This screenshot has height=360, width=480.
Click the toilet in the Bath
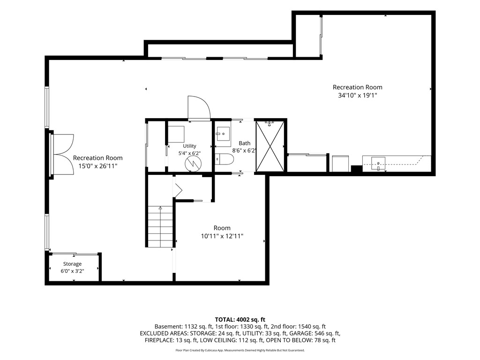[x=225, y=159]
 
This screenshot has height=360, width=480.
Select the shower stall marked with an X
[x=270, y=146]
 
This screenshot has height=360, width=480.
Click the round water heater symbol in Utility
[x=193, y=164]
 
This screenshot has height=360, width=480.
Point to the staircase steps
[x=160, y=226]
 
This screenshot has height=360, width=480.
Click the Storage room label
[x=72, y=264]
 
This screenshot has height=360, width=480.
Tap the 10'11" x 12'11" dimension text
[x=222, y=236]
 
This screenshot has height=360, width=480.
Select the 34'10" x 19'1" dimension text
[x=357, y=95]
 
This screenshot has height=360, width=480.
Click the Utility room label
[x=189, y=146]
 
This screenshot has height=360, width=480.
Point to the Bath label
[x=245, y=143]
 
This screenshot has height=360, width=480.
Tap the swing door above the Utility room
[x=199, y=107]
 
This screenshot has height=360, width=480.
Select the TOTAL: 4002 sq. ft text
[x=240, y=320]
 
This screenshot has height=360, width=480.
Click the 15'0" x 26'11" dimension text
[x=98, y=166]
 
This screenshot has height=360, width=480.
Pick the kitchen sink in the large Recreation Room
[x=378, y=163]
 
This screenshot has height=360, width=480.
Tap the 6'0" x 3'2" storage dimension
[x=72, y=271]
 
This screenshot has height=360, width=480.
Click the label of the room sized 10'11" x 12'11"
[x=222, y=228]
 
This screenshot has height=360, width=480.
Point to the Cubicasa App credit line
[x=240, y=350]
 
